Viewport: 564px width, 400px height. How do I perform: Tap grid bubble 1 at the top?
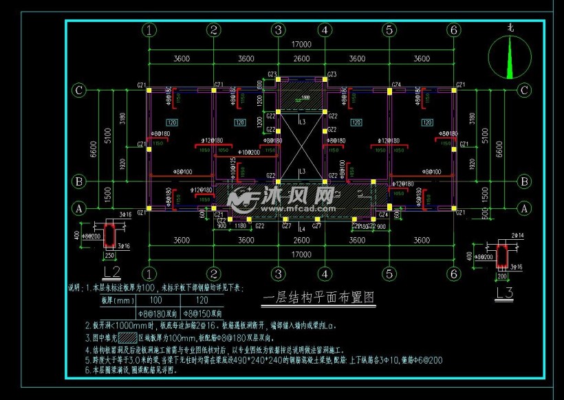pyautogui.click(x=150, y=30)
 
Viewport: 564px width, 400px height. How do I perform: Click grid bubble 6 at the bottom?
pyautogui.click(x=453, y=274)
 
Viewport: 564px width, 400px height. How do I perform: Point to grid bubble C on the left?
pyautogui.click(x=80, y=89)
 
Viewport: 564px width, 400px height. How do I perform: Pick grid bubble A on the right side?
pyautogui.click(x=524, y=208)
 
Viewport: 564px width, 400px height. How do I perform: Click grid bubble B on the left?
pyautogui.click(x=80, y=181)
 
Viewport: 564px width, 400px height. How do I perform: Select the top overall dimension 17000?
pyautogui.click(x=301, y=45)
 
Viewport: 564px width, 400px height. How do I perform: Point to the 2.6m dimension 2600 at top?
pyautogui.click(x=301, y=59)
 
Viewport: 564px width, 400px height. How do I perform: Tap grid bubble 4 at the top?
pyautogui.click(x=325, y=30)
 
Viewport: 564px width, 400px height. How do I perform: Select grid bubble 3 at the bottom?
pyautogui.click(x=278, y=274)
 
